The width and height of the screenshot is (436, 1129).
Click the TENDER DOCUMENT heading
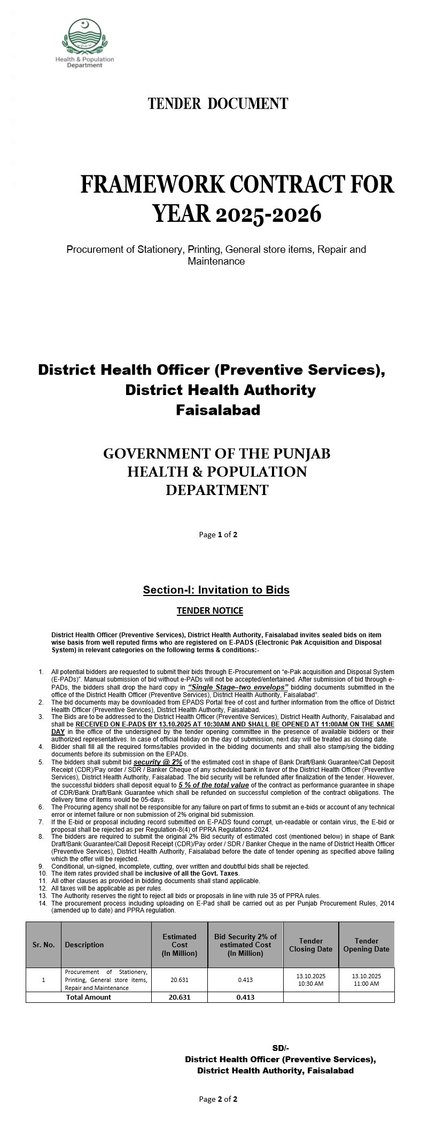tap(218, 104)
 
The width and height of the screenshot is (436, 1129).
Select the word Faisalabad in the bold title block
tap(218, 410)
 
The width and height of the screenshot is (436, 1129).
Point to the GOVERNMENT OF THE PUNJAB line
tap(216, 454)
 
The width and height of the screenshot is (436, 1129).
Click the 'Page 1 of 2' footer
tap(218, 534)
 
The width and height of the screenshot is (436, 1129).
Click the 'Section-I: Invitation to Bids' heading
tap(216, 590)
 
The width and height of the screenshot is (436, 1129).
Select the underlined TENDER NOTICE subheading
tap(210, 610)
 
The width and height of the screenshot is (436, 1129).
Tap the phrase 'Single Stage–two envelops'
tap(238, 687)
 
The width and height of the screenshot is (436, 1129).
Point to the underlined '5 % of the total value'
tap(214, 785)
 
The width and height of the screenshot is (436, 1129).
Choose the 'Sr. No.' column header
tap(43, 945)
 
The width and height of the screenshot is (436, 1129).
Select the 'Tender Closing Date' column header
tap(310, 945)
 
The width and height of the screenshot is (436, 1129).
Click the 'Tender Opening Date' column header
tap(366, 945)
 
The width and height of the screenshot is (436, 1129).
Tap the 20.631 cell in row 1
tap(180, 980)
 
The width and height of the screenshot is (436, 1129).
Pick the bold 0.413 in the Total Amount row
tap(245, 997)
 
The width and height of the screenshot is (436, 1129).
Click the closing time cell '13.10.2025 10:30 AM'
tap(310, 979)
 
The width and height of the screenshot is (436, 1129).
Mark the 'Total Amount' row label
tap(88, 997)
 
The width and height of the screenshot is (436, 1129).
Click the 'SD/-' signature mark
tap(281, 1048)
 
